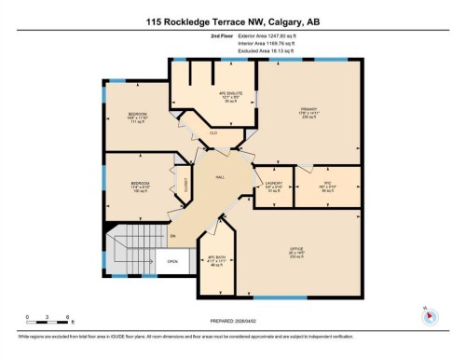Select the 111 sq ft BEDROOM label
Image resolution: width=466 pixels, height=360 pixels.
(139, 118)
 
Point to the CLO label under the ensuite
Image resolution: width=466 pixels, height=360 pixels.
(213, 133)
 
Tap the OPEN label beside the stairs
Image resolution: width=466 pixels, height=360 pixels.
(172, 261)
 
